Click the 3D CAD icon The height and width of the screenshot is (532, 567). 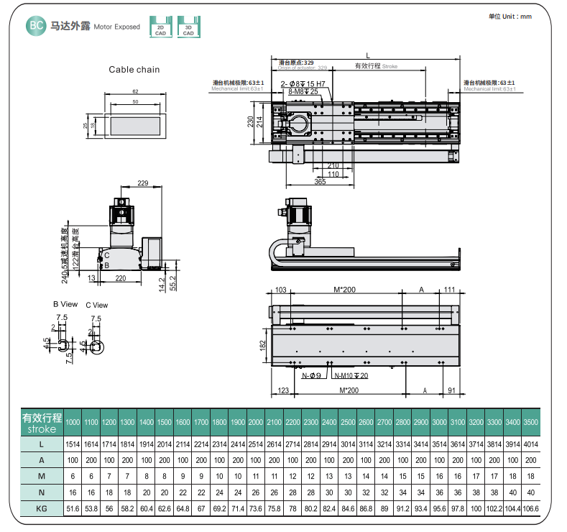point(188,27)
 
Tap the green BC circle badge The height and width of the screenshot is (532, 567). point(35,27)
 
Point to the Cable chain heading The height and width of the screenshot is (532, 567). point(134,70)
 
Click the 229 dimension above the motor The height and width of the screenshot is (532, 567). point(142,184)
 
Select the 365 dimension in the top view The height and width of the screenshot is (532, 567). point(320,183)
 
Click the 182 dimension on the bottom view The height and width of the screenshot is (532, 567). point(263,344)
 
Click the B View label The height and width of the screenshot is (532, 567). point(65,304)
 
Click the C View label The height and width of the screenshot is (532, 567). point(96,305)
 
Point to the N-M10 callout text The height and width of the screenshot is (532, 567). point(351,375)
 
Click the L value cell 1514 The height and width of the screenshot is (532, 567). point(73,444)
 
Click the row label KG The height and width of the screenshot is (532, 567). point(41,508)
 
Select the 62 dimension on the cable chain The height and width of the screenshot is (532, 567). point(135,91)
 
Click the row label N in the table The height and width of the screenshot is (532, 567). point(41,492)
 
